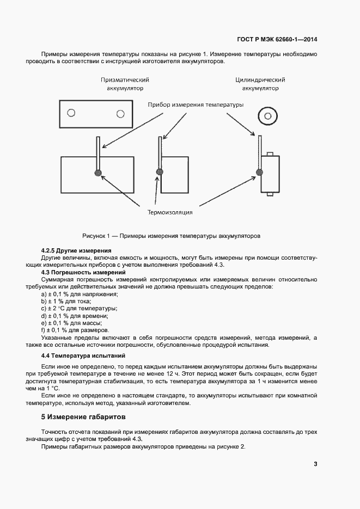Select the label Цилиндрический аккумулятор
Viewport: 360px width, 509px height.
pyautogui.click(x=260, y=84)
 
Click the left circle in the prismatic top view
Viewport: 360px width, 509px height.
pyautogui.click(x=70, y=113)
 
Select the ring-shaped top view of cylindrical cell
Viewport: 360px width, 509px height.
pyautogui.click(x=267, y=115)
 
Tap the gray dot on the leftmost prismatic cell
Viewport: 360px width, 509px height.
pyautogui.click(x=98, y=173)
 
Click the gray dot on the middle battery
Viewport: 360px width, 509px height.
pyautogui.click(x=160, y=173)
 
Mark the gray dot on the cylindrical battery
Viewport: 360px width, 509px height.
pyautogui.click(x=259, y=173)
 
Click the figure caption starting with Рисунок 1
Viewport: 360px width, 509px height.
pyautogui.click(x=172, y=236)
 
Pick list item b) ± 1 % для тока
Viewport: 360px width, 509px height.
pyautogui.click(x=66, y=301)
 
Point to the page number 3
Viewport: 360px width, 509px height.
pyautogui.click(x=315, y=464)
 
